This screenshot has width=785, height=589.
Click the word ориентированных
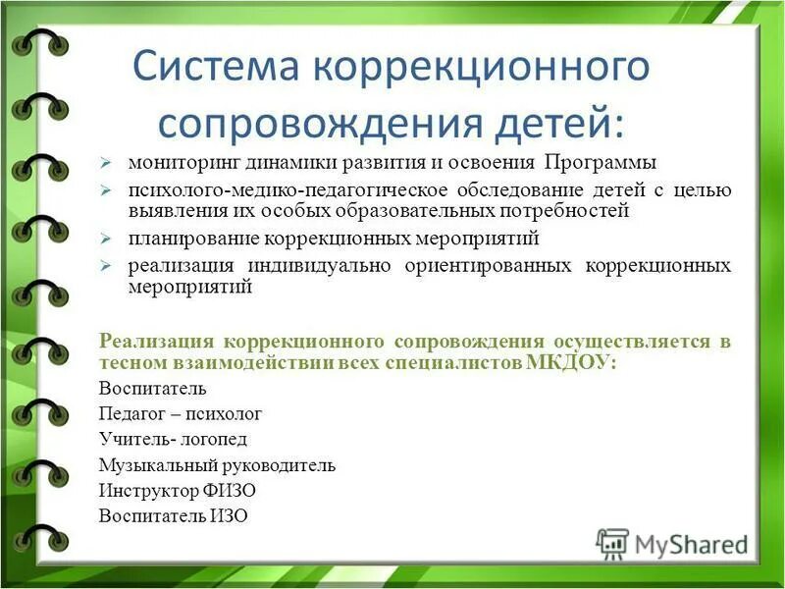pyautogui.click(x=490, y=266)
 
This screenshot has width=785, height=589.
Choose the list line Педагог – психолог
pyautogui.click(x=181, y=413)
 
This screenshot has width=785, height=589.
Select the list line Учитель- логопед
pyautogui.click(x=173, y=439)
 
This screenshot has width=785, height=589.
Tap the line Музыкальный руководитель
pyautogui.click(x=217, y=464)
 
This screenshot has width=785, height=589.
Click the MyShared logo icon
pyautogui.click(x=612, y=543)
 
